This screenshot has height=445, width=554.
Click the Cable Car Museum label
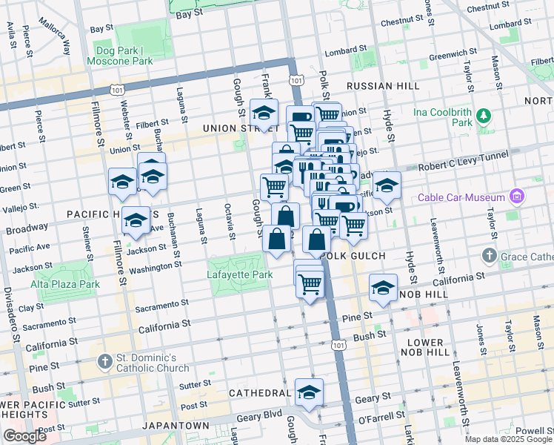point(462,197)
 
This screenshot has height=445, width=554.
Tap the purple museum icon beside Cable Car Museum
point(517,197)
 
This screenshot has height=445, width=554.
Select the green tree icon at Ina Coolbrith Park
point(484,115)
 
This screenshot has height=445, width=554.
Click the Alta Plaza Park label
point(65,284)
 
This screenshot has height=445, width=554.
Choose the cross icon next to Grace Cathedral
point(488,257)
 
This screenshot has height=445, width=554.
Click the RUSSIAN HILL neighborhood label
point(378,86)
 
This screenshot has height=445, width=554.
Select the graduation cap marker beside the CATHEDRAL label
point(309,392)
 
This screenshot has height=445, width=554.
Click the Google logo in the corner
point(24,436)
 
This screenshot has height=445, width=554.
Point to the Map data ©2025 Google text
point(508,439)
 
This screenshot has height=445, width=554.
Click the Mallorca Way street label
point(56,36)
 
